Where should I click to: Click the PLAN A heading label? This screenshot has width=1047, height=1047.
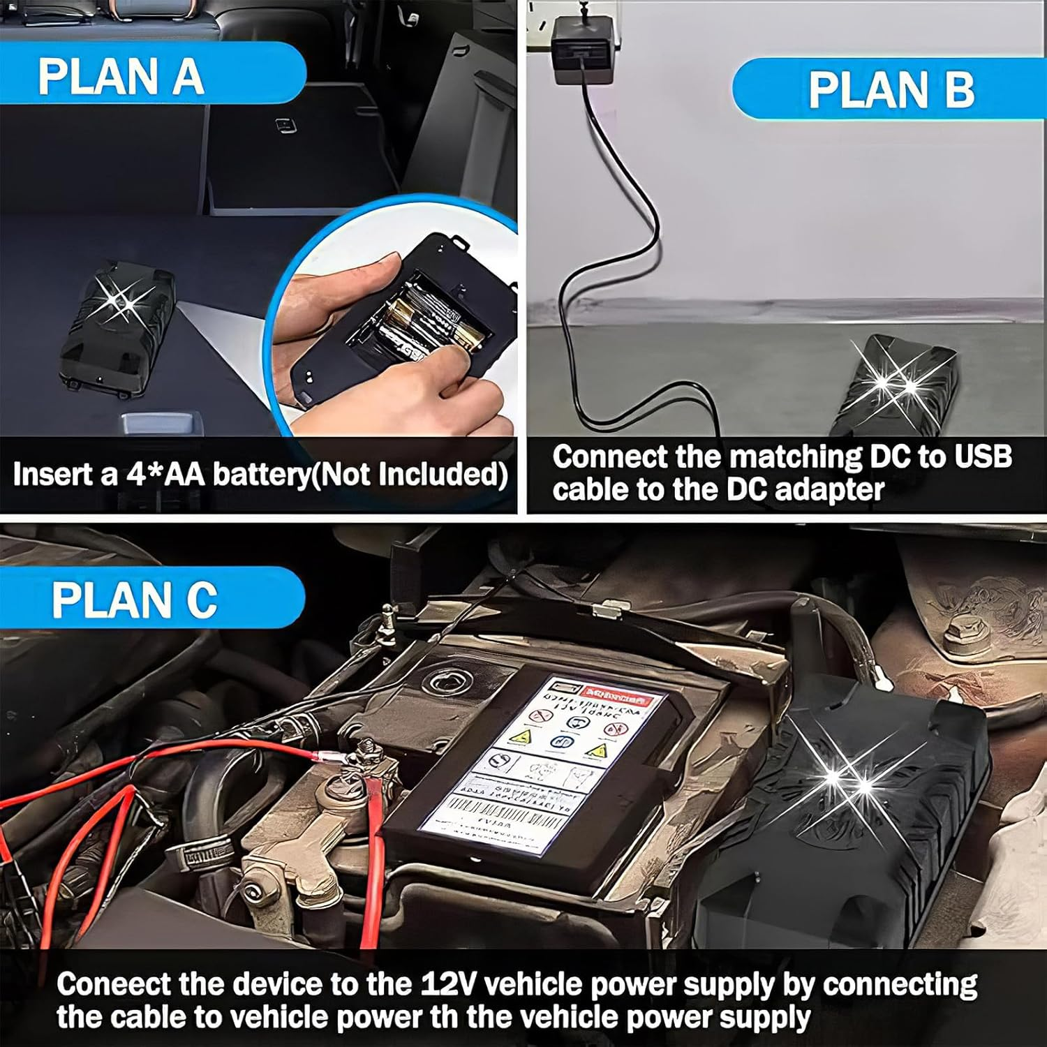120,76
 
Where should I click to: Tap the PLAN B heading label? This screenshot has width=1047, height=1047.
891,90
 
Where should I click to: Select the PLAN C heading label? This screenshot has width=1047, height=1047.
134,600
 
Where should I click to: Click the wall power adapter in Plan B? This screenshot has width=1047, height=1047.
581,51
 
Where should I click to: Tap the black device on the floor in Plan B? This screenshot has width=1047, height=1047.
897,384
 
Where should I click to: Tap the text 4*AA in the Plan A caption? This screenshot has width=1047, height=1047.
166,475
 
